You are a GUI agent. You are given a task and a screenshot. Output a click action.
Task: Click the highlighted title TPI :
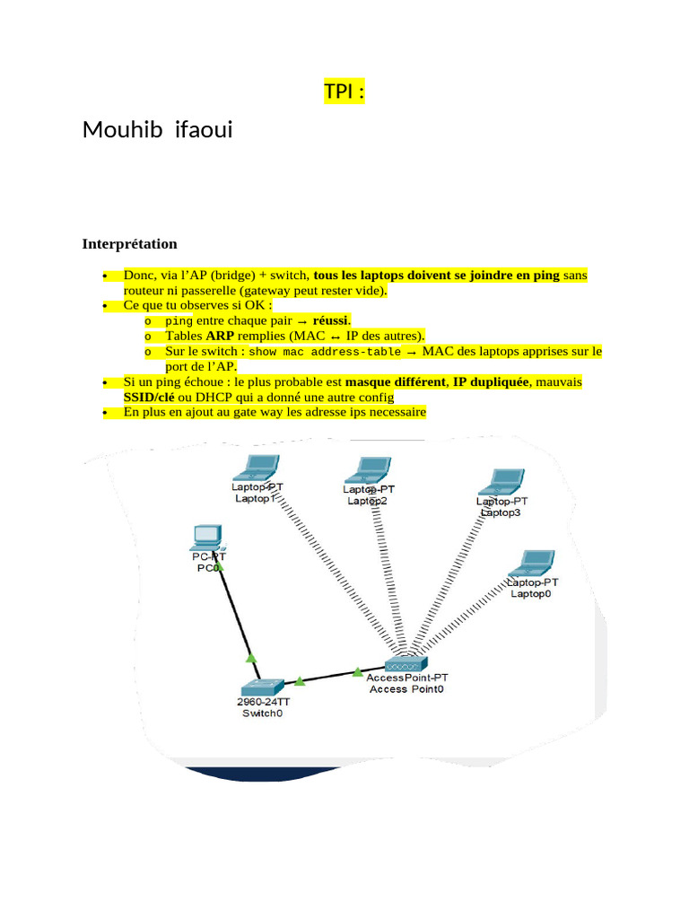(344, 92)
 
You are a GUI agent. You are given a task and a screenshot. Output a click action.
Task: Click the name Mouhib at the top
(122, 129)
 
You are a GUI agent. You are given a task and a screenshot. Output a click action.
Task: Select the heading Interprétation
(129, 244)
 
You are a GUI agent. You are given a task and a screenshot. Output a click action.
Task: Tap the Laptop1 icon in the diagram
(257, 468)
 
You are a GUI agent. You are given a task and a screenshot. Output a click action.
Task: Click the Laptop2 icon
(368, 470)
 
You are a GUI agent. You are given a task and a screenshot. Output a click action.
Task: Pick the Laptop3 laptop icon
(501, 482)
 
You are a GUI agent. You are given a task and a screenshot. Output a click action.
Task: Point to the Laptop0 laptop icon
(531, 564)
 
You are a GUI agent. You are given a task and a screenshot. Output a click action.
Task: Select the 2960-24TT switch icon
(263, 687)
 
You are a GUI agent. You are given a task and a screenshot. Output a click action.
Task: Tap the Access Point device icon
(406, 664)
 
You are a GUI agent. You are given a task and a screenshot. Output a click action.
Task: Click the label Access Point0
(406, 689)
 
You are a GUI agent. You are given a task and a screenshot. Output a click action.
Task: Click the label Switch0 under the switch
(263, 713)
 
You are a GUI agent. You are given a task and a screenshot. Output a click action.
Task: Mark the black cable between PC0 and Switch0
(240, 618)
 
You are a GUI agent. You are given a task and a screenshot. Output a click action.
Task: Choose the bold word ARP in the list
(220, 336)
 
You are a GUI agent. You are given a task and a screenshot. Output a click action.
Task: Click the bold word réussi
(330, 320)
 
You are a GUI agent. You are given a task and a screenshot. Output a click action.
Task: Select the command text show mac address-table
(325, 352)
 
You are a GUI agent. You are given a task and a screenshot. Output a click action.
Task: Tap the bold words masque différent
(396, 382)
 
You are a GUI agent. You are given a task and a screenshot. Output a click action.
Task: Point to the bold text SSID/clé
(149, 398)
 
